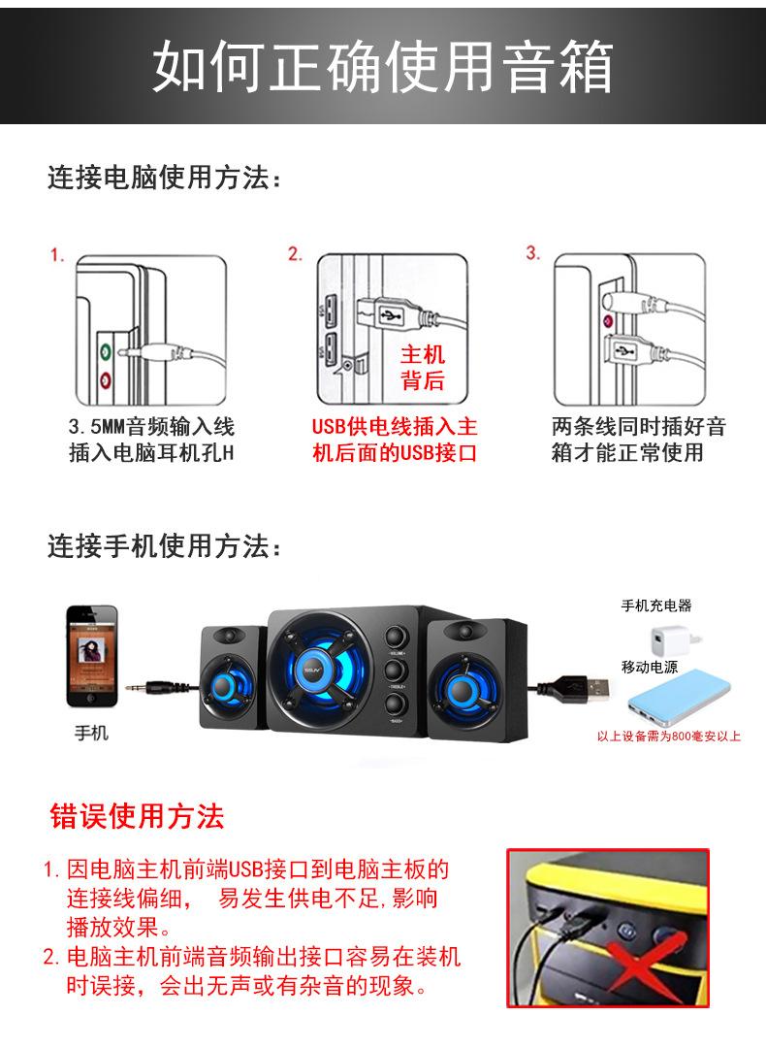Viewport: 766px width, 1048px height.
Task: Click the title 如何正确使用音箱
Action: click(x=383, y=66)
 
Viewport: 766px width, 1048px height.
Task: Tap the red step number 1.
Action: click(x=58, y=256)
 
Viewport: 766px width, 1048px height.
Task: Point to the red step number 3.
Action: click(x=532, y=254)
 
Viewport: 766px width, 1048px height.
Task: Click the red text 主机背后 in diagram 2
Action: click(x=422, y=368)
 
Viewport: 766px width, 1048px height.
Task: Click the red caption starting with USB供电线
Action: click(x=394, y=440)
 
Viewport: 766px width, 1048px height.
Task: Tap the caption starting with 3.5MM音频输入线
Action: click(x=151, y=440)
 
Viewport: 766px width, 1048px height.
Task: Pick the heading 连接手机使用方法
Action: click(x=166, y=547)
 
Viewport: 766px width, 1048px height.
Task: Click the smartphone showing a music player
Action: click(x=91, y=657)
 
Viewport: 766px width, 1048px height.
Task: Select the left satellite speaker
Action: click(x=233, y=676)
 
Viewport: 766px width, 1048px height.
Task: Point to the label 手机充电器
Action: click(x=656, y=606)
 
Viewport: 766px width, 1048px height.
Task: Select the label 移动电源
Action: click(x=650, y=668)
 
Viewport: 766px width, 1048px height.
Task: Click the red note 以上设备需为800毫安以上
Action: click(x=668, y=737)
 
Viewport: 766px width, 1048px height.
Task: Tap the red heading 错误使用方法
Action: click(x=137, y=816)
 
